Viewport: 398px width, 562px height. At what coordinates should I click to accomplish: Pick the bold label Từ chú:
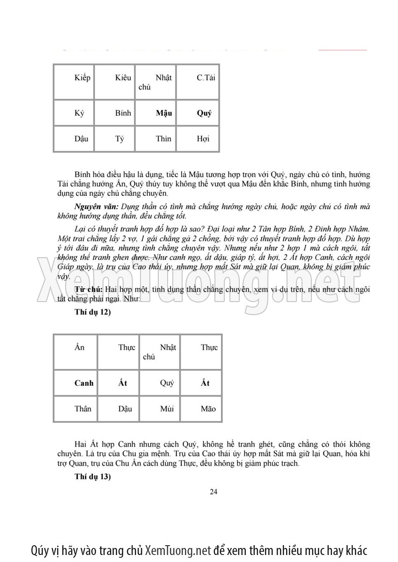pos(89,289)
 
